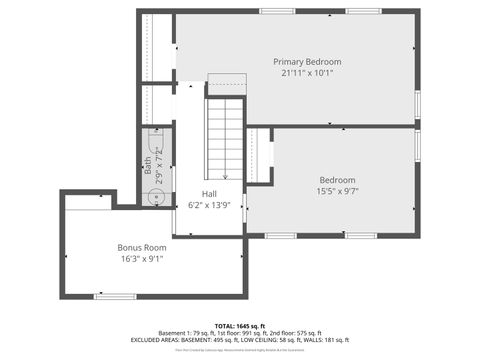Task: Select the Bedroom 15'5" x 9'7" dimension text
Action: coord(337,191)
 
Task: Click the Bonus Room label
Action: coord(141,247)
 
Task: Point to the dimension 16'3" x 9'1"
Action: coord(141,259)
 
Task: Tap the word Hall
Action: coord(209,194)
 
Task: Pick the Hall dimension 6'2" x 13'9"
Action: coord(209,205)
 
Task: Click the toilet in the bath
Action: coord(158,140)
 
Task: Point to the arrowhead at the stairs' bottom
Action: coord(226,177)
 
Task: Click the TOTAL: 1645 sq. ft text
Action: coord(236,325)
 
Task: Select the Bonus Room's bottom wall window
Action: coord(115,296)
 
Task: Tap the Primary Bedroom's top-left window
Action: coord(277,11)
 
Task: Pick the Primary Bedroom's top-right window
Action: coord(364,11)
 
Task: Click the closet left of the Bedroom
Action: coord(258,155)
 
